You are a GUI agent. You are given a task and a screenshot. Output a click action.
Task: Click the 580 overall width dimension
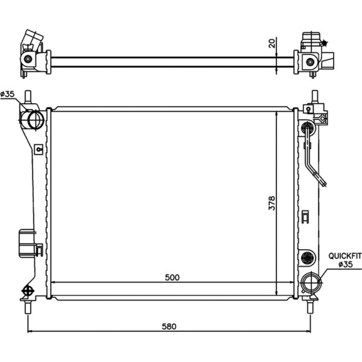(169, 327)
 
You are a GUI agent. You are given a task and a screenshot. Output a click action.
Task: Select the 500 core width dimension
(172, 278)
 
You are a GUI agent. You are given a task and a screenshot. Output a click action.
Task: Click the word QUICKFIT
(345, 256)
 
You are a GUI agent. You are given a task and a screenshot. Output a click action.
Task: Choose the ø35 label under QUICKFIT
(346, 264)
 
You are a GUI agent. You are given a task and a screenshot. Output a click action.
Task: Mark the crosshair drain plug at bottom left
(28, 291)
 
